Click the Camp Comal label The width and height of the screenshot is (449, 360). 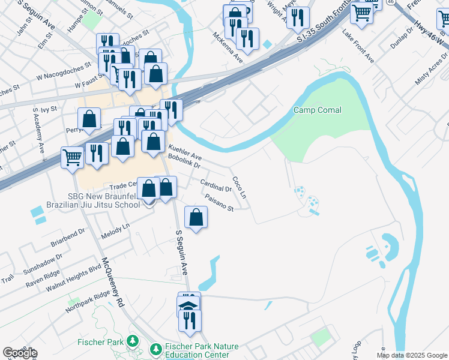tap(317, 110)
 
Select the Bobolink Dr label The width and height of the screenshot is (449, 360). tap(183, 160)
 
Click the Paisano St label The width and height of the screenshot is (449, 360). tap(218, 202)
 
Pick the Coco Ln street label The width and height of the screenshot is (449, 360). tap(239, 188)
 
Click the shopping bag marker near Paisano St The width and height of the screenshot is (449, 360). tap(196, 217)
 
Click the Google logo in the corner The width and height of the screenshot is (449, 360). tap(20, 352)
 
